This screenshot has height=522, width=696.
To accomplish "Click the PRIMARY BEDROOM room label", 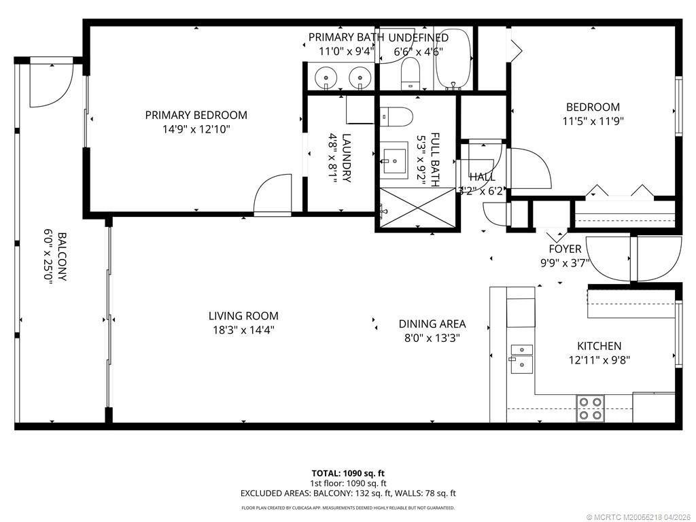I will coord(196,115).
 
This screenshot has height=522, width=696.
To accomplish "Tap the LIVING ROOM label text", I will coord(243,316).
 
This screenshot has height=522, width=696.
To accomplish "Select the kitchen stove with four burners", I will coord(589,408).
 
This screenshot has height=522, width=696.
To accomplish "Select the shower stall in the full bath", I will coord(416,209).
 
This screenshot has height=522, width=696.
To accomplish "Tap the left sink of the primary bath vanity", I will coord(327,79).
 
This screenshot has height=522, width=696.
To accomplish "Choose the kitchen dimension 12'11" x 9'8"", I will coord(599,360).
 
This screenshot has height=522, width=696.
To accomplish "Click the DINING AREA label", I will coord(432,324).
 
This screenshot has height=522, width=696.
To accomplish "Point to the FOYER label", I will coord(565,249).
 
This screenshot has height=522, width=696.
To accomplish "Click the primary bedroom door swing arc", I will coord(273,194).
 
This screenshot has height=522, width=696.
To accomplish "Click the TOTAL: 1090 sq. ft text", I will coord(348,473).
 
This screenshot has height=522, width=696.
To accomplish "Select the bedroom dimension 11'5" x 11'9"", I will coord(593,121).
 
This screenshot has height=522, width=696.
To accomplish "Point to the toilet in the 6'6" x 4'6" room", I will coord(411,73).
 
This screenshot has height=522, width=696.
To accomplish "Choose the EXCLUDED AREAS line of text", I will coord(348,493).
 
